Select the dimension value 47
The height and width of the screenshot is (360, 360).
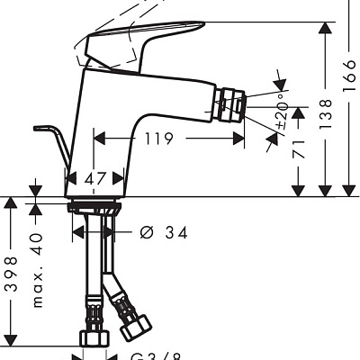click(x=94, y=179)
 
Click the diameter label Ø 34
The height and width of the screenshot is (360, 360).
click(x=164, y=232)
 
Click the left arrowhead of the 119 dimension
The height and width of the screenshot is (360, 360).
click(x=99, y=139)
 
